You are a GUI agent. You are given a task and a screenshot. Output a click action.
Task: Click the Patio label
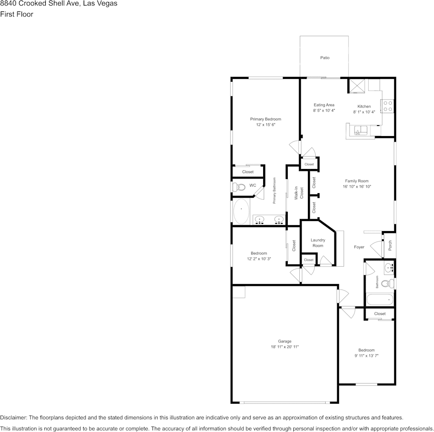[324, 58]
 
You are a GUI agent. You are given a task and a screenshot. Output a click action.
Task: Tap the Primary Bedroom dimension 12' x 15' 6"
[265, 124]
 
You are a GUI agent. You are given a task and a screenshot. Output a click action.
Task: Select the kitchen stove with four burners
[388, 106]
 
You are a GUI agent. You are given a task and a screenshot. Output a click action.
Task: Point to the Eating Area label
[324, 105]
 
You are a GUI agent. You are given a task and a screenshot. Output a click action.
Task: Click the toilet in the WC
[238, 187]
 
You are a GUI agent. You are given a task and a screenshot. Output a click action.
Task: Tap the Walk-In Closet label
[299, 193]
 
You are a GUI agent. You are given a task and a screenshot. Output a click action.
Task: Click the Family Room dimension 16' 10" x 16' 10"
[357, 187]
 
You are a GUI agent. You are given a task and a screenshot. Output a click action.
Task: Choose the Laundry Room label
[318, 242]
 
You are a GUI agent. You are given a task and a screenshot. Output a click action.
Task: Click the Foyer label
[359, 247]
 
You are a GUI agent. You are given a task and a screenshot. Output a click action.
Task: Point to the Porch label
[390, 245]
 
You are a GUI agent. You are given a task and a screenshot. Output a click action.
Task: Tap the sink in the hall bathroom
[389, 267]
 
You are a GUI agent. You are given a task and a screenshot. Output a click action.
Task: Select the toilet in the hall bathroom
[386, 283]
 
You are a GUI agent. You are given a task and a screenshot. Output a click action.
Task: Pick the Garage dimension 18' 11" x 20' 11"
[285, 347]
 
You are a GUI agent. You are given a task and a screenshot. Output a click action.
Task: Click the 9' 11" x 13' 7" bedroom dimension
[366, 356]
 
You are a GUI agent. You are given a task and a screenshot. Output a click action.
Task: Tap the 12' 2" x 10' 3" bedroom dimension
[259, 259]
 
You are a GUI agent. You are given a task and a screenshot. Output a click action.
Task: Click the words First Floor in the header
[16, 14]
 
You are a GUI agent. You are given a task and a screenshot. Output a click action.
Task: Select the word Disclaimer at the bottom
[13, 417]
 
